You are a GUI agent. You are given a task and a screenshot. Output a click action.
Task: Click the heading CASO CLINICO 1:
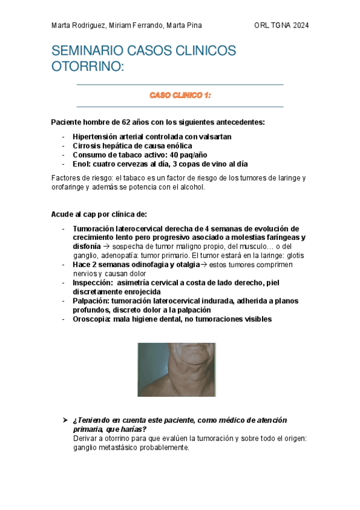(x=180, y=95)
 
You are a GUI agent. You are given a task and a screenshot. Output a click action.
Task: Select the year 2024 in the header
(x=299, y=25)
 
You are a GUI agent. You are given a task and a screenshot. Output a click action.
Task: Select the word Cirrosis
(x=87, y=146)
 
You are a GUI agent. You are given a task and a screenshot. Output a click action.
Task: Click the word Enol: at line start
(x=83, y=164)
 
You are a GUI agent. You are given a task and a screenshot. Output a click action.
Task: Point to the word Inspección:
(x=93, y=283)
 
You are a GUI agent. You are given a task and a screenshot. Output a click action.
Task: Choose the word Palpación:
(x=92, y=301)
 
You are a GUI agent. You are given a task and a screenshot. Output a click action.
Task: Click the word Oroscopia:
(x=92, y=319)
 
